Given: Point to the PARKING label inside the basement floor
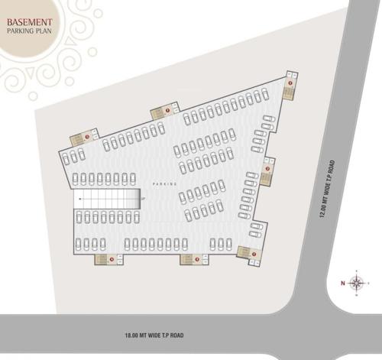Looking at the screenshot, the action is (x=164, y=184).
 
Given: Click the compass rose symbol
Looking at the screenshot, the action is (x=357, y=283).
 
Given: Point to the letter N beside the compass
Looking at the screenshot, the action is (x=343, y=283).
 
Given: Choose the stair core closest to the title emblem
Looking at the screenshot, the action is (x=82, y=138).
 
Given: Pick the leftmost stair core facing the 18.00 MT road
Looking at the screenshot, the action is (x=105, y=259).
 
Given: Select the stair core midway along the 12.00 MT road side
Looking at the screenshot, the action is (x=267, y=173).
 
